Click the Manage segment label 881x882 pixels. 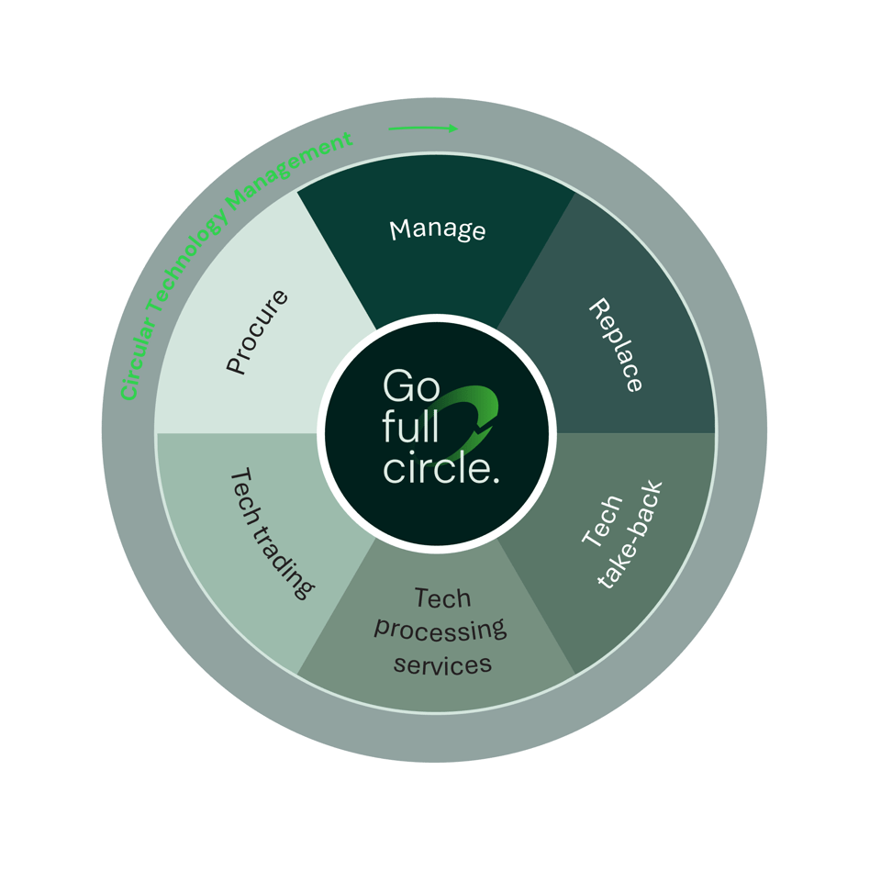coord(438,229)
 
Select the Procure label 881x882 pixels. coord(257,332)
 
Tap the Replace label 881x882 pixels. coord(616,345)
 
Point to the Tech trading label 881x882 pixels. coord(272,533)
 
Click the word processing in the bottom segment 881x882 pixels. coord(440,631)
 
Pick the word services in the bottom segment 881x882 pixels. coord(442,664)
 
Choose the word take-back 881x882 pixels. coord(630,535)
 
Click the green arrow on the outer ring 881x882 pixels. coord(423,128)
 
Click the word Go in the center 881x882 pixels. coord(411,386)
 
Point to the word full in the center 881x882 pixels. coord(411,427)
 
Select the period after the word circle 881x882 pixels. coord(495,480)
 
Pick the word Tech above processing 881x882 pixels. coord(442,597)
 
